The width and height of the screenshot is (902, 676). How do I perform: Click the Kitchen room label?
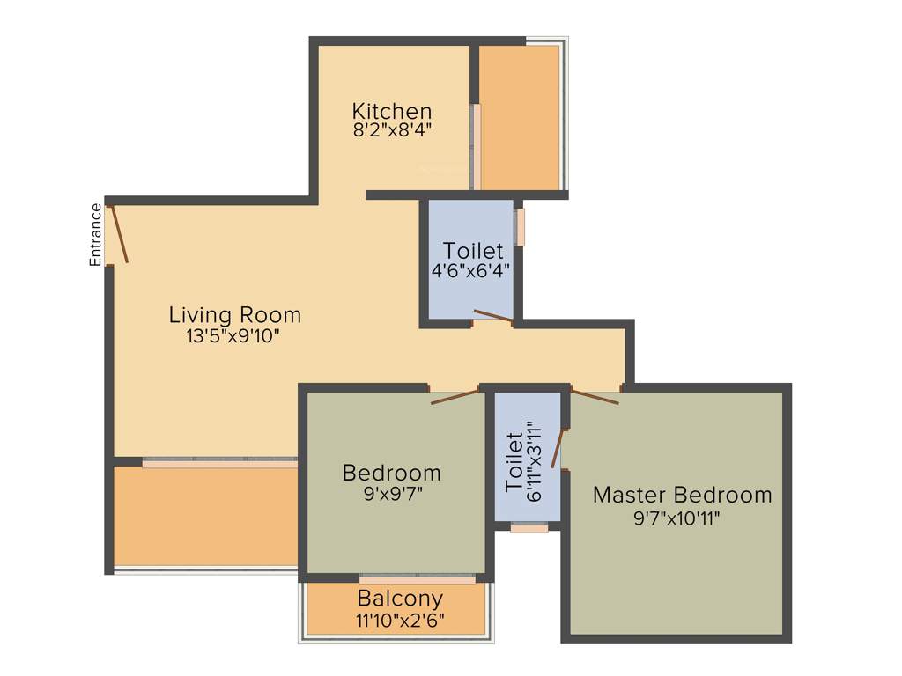392,112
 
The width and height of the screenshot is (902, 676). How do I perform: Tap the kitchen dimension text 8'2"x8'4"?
392,130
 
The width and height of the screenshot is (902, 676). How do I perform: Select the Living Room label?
234,314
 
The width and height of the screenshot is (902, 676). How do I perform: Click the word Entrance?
96,234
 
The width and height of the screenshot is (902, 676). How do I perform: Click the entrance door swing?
118,233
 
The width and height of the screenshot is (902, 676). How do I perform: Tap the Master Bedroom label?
682,495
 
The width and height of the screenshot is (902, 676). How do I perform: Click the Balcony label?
400,600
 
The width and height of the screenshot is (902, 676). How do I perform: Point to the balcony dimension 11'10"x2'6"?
400,621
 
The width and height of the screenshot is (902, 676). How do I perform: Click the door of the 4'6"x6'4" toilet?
493,318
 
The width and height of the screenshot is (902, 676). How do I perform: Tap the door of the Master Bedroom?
595,396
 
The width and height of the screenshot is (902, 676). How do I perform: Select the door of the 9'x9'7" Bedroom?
455,396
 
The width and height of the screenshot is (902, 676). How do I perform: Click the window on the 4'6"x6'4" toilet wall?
521,227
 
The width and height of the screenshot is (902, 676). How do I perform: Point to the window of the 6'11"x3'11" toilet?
529,528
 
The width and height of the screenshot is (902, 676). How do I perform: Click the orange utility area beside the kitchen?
520,116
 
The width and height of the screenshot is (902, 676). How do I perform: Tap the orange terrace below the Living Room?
205,515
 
